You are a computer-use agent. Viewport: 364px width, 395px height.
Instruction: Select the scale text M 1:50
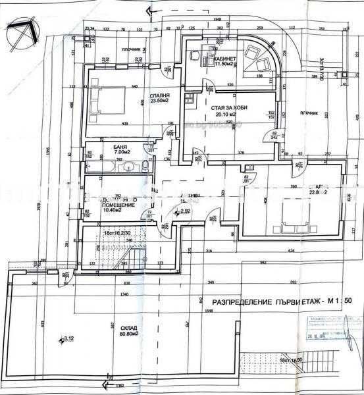click(340, 301)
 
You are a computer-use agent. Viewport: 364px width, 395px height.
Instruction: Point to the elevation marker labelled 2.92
click(184, 211)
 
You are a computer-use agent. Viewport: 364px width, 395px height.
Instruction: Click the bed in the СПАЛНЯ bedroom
click(104, 103)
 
